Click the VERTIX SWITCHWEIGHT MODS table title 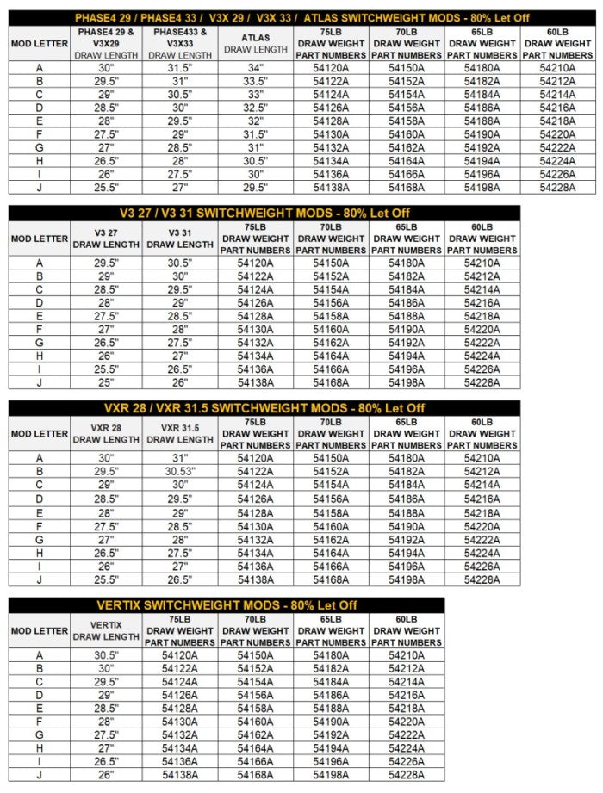(227, 605)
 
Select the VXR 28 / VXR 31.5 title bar (264, 407)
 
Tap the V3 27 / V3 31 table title (264, 213)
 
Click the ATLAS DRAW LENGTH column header (256, 43)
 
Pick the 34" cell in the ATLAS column (256, 68)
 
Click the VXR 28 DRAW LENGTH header (105, 433)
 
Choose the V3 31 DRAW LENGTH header (180, 239)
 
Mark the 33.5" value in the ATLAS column (256, 81)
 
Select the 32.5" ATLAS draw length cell (256, 108)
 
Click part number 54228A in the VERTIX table (407, 775)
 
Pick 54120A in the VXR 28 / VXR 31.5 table (256, 458)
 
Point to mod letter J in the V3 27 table (39, 383)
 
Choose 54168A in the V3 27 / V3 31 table (332, 383)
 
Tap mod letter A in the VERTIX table (39, 655)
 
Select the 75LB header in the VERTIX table (180, 630)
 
